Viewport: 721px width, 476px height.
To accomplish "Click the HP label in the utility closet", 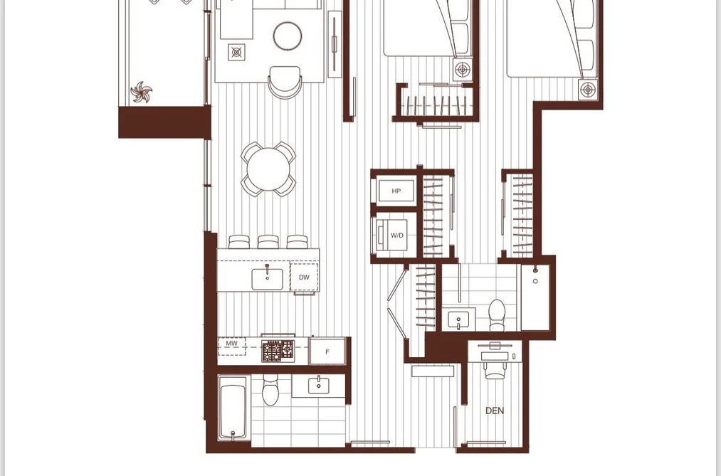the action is pos(396,191).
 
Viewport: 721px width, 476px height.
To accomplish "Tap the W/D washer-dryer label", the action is pos(397,236).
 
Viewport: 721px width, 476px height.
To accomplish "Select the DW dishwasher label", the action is pos(304,277).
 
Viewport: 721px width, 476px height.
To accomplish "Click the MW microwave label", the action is pos(232,343).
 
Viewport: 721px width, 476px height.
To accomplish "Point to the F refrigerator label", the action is pos(327,352).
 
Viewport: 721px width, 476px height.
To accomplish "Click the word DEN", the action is pos(494,411).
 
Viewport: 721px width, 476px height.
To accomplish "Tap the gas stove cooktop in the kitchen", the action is pos(279,351).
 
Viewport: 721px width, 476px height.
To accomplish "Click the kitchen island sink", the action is pos(267,280).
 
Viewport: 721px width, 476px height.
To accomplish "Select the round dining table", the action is pos(268,169).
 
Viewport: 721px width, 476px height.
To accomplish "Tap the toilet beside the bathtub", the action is pos(270,390).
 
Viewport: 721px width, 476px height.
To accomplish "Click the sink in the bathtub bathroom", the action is pos(318,386).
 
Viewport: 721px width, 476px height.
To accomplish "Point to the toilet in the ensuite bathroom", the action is pos(497,314).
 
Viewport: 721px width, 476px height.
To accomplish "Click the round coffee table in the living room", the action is pos(288,36).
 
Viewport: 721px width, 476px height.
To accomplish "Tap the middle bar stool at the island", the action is pos(268,242).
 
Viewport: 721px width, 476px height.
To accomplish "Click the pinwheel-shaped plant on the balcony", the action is pos(141,92).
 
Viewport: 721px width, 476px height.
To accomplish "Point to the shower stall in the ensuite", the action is pos(535,297).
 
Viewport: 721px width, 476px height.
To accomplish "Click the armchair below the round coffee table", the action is pos(285,82).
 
